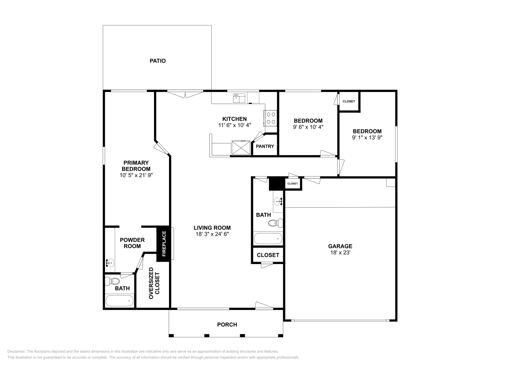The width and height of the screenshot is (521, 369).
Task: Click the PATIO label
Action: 158,61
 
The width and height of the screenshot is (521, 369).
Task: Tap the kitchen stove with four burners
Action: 271,118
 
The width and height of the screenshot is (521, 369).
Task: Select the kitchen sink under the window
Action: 239,97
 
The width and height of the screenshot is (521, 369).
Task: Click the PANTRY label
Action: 265,146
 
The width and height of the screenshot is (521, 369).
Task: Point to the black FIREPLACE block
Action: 163,244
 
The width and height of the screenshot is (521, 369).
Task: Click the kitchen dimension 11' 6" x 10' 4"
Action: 234,125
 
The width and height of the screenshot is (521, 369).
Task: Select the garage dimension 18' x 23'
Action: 340,252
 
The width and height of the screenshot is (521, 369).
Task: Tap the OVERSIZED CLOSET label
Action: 154,283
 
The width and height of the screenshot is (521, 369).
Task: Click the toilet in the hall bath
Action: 275,223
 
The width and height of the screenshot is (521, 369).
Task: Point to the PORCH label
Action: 227,325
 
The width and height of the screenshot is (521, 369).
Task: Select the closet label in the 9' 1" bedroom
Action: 349,101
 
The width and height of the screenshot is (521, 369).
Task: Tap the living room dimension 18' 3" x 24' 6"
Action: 212,234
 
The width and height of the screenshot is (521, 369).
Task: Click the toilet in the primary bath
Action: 114,281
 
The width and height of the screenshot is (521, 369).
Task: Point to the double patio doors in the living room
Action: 185,94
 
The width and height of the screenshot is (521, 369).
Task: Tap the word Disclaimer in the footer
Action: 16,351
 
